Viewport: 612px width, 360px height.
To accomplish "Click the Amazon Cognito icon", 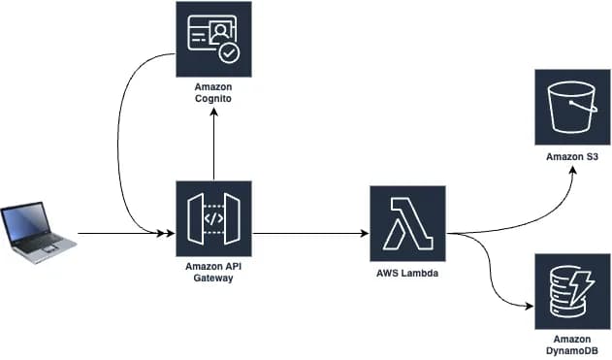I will tap(213, 38).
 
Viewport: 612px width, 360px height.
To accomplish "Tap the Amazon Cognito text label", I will tap(213, 93).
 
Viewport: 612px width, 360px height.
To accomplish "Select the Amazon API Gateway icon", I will tap(213, 218).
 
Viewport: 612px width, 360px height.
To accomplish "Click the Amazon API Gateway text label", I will tap(213, 273).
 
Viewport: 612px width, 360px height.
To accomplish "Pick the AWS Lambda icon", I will tap(406, 225).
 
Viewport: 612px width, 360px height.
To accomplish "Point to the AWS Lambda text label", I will tap(406, 274).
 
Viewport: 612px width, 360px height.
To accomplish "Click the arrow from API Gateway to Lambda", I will tap(310, 233).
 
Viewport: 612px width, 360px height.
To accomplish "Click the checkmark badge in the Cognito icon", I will tap(230, 52).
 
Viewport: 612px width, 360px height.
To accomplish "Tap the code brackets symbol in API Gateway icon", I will tap(213, 218).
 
